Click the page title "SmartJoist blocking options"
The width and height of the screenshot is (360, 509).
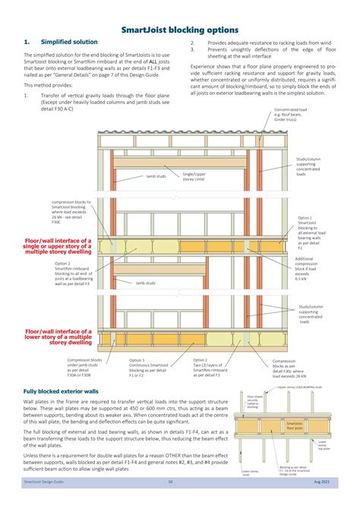pos(180,29)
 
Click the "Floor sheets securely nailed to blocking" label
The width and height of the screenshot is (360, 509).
pos(255,401)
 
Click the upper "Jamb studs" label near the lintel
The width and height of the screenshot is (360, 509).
pos(156,175)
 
